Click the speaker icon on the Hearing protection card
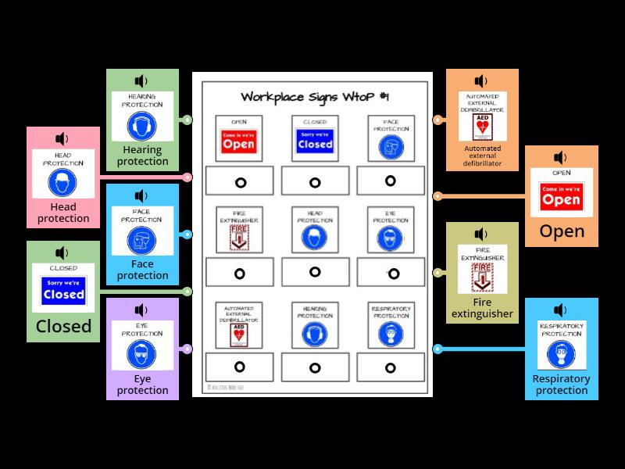tap(141, 81)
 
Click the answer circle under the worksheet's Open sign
tap(239, 182)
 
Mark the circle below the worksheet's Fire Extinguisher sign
tap(239, 274)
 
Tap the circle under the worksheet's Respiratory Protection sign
tap(390, 367)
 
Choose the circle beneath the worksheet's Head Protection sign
tap(315, 272)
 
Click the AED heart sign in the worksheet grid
tap(239, 335)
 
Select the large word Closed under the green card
tap(63, 326)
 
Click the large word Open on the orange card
tap(562, 231)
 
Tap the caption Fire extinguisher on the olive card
tap(482, 307)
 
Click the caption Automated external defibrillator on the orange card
tap(482, 156)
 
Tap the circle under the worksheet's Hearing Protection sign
tap(315, 367)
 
